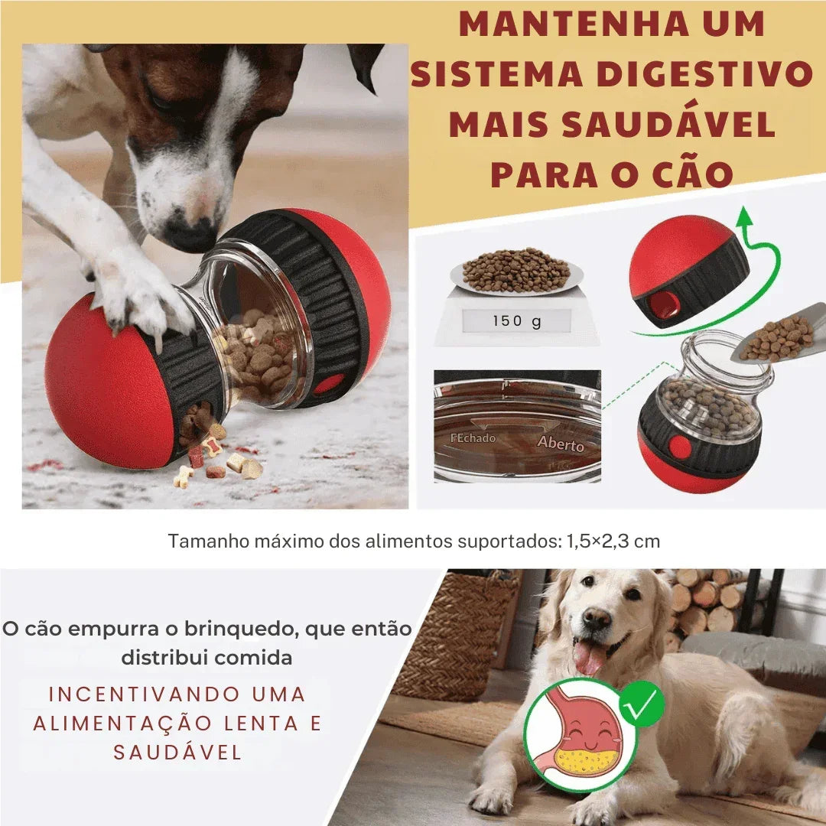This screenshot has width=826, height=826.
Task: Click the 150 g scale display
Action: tap(516, 321)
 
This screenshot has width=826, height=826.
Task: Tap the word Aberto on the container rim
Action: tap(560, 444)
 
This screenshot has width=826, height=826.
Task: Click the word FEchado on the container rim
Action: tap(473, 438)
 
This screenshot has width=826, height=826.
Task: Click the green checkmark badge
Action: tap(642, 704)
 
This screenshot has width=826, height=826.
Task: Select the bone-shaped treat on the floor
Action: tap(182, 477)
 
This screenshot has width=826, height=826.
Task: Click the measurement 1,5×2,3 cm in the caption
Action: tap(613, 541)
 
